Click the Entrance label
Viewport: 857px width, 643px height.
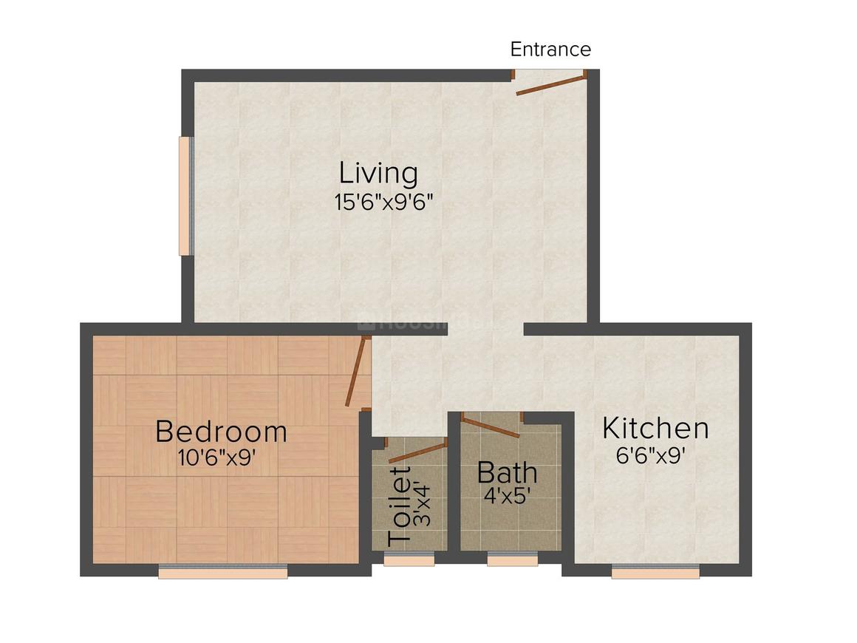550,50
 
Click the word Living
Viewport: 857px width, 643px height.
378,174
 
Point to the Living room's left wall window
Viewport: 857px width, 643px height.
186,196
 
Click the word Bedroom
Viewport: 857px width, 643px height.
221,431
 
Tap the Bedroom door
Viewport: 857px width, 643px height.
358,371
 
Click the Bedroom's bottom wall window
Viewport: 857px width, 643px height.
222,571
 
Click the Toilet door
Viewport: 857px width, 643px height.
417,452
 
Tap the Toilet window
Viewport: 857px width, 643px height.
409,559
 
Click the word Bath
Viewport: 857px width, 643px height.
507,472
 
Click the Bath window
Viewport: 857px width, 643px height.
512,559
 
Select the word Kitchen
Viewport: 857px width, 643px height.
655,429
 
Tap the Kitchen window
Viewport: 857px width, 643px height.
655,571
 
